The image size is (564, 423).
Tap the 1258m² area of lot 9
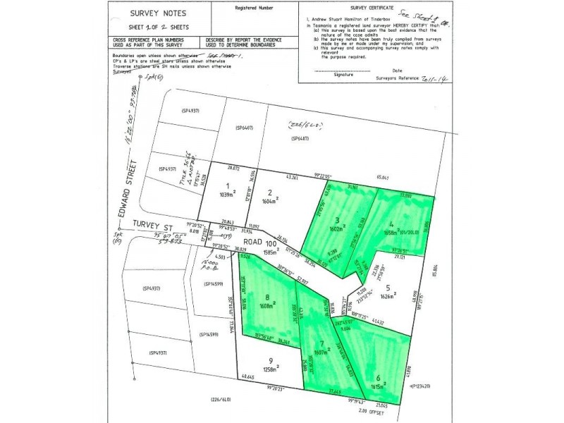pyautogui.click(x=269, y=367)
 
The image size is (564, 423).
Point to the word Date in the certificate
pyautogui.click(x=398, y=71)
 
